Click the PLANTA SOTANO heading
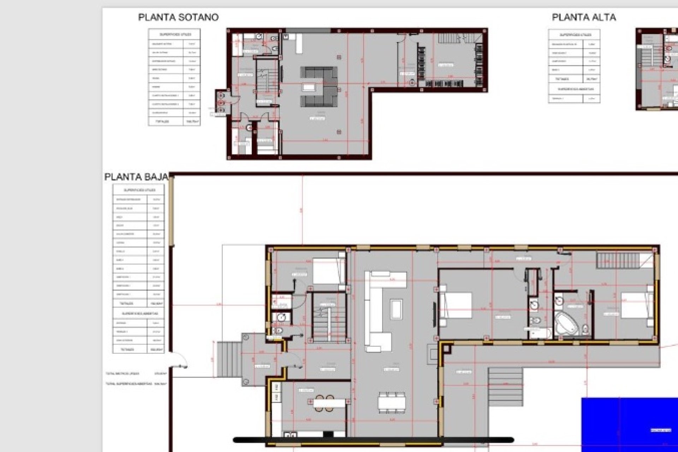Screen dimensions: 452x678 pos(178,17)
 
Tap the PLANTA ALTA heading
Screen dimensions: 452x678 pos(584,17)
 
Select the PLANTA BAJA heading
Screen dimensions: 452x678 pos(136,177)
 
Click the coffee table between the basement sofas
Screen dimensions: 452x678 pos(309,88)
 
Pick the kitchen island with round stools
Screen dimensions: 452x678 pos(329,403)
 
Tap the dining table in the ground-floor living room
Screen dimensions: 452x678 pos(392,402)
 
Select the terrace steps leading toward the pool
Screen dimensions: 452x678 pos(505,386)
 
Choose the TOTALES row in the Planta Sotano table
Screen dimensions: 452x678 pos(174,121)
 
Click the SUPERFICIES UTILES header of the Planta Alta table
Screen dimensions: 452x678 pos(575,35)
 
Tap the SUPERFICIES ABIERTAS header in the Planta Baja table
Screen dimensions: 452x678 pos(138,314)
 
